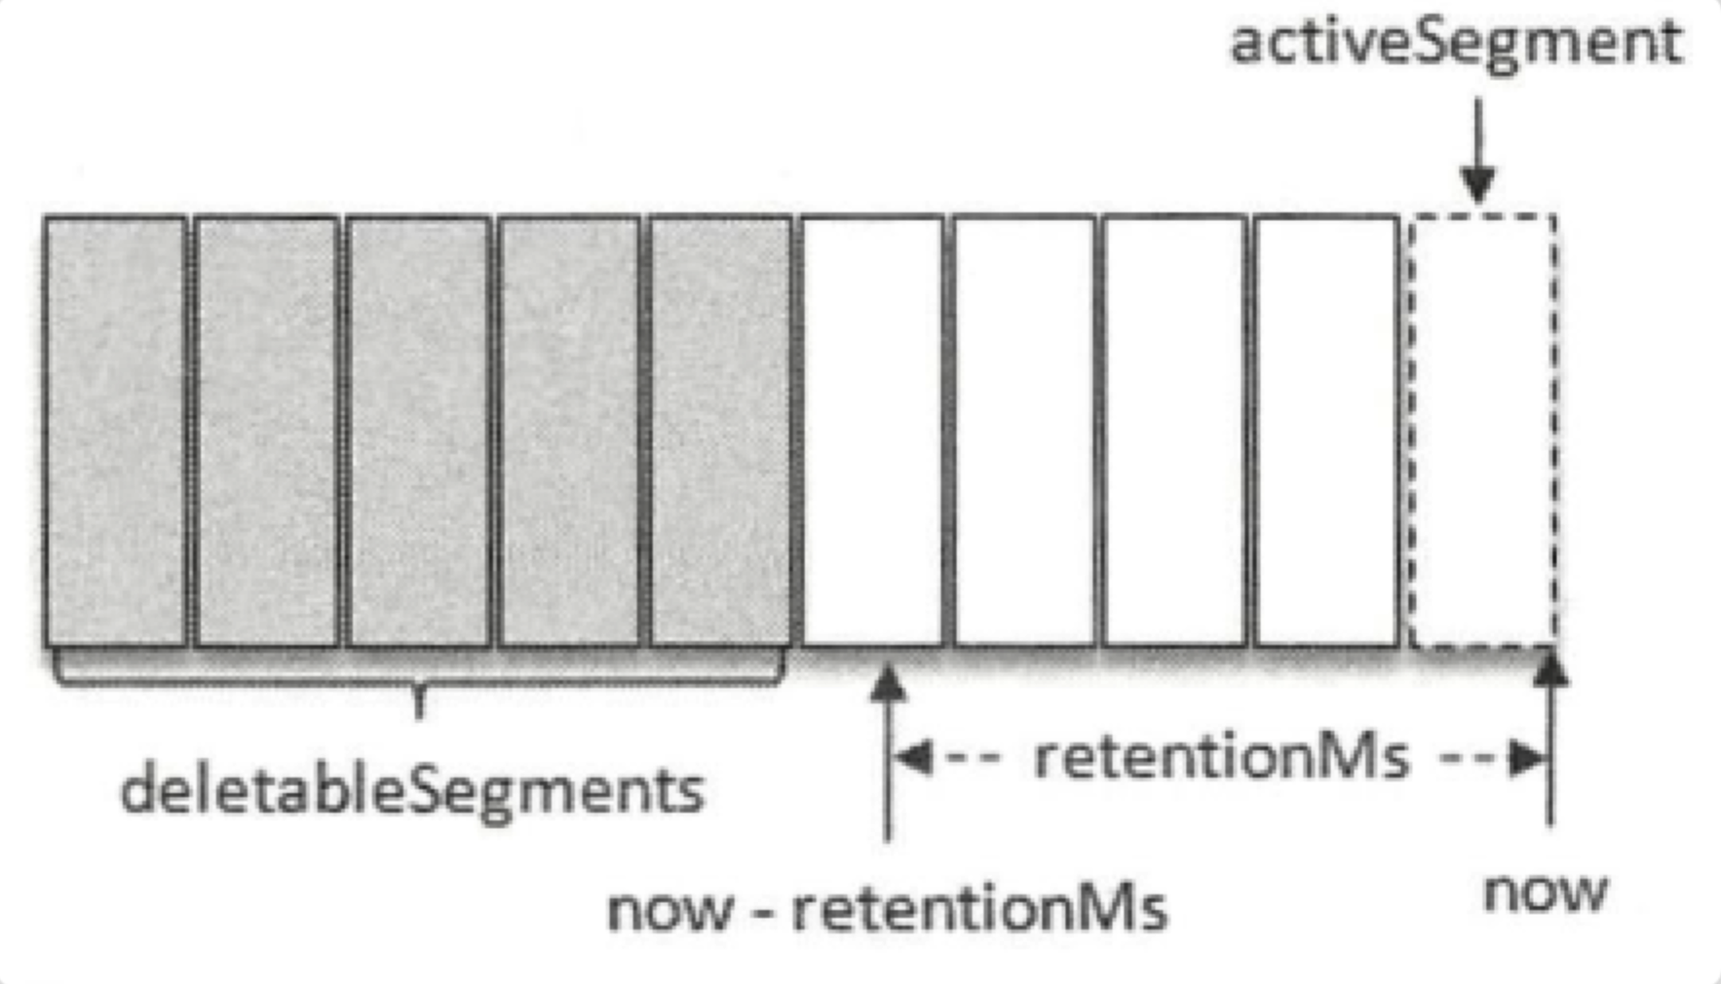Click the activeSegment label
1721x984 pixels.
[x=1456, y=44]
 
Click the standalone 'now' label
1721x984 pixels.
[x=1545, y=891]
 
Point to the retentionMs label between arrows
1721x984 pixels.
[x=1221, y=757]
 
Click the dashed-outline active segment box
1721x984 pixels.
[x=1482, y=431]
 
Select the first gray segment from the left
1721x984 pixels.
[x=116, y=431]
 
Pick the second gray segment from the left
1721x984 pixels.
[x=267, y=431]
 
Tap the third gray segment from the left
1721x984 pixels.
[x=419, y=431]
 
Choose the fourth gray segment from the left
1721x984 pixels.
[x=570, y=431]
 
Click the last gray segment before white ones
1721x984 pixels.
[x=721, y=431]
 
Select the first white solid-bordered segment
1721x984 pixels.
[x=873, y=431]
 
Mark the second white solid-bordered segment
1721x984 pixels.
[x=1025, y=431]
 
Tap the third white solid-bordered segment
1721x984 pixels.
[x=1176, y=431]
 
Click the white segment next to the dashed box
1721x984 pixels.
[x=1327, y=431]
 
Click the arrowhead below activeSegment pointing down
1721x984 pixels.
[x=1478, y=182]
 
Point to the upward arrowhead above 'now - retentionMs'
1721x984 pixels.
[x=887, y=683]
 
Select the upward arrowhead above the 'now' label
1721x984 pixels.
[x=1550, y=669]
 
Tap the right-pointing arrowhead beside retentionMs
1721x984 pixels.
[x=1527, y=758]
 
